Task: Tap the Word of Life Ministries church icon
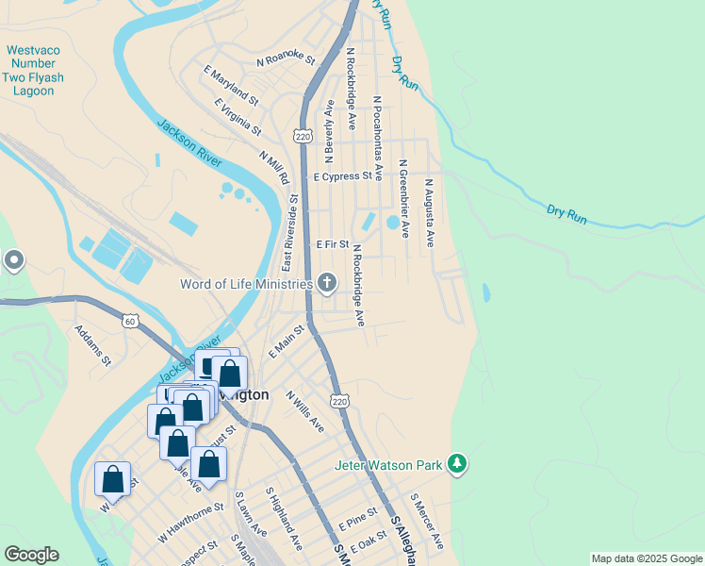click(x=326, y=283)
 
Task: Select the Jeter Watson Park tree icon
click(x=457, y=464)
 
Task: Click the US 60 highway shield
click(x=129, y=322)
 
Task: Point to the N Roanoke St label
click(x=287, y=59)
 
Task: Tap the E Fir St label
click(x=333, y=243)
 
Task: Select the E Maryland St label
click(x=231, y=84)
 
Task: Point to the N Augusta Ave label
click(x=429, y=213)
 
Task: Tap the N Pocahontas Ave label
click(x=377, y=138)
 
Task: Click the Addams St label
click(x=92, y=346)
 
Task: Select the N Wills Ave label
click(x=306, y=411)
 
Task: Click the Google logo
click(x=31, y=555)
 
